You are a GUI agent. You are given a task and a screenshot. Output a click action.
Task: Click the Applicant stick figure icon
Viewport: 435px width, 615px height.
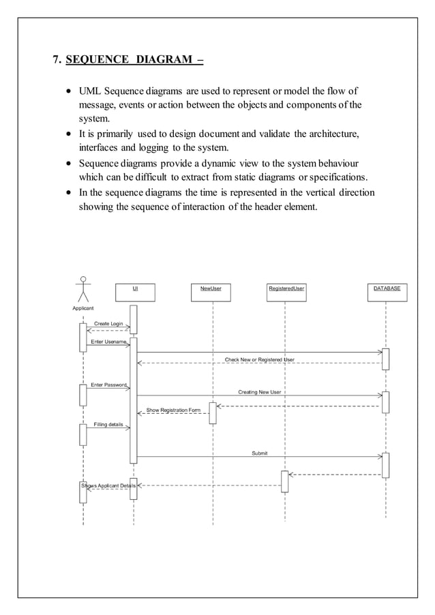pos(83,289)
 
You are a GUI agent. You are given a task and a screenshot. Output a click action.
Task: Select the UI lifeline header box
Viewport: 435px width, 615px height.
pos(135,292)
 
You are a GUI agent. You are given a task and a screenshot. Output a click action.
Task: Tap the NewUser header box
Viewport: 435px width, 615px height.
pos(211,292)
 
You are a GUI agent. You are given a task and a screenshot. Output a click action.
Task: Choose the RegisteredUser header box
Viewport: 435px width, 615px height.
pos(286,292)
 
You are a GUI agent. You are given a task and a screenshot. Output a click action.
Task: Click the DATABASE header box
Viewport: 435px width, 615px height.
pos(387,292)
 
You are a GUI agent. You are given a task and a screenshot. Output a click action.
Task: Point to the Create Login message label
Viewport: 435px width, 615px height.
pos(108,323)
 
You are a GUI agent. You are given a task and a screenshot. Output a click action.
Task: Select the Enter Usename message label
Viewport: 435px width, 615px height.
pos(108,342)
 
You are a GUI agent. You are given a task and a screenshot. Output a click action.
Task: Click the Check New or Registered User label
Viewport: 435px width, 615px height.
pos(260,359)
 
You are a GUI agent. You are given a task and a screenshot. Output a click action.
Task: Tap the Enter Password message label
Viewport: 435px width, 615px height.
pos(108,385)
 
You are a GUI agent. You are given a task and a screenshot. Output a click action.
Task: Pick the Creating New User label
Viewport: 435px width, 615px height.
pos(259,392)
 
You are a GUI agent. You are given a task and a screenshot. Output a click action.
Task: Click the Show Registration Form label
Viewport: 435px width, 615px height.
pos(173,410)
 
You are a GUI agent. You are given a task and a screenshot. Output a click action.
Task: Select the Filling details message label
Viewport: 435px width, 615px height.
pos(108,424)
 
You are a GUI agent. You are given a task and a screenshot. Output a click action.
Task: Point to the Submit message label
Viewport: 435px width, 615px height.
pos(260,453)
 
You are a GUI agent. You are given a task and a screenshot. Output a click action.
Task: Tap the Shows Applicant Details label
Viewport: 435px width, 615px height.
pos(109,485)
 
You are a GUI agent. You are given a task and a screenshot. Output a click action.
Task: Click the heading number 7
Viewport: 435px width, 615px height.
pos(57,59)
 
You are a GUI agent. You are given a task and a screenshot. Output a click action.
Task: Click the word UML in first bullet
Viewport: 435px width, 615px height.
pos(91,91)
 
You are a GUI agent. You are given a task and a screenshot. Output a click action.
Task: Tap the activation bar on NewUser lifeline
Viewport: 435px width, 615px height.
pos(213,413)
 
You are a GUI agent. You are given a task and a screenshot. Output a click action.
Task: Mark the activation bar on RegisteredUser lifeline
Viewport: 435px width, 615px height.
pos(285,481)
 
